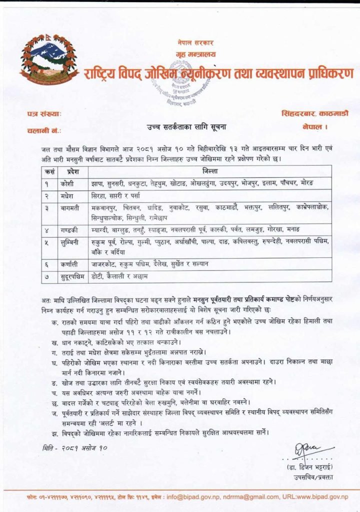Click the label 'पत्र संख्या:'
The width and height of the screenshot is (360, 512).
tap(43, 114)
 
